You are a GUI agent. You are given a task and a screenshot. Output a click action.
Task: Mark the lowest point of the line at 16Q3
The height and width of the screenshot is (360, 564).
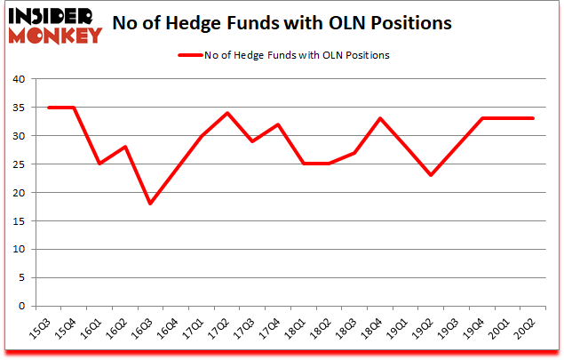pyautogui.click(x=150, y=204)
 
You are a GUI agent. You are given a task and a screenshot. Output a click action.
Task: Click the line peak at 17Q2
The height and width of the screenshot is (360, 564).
pyautogui.click(x=227, y=113)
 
